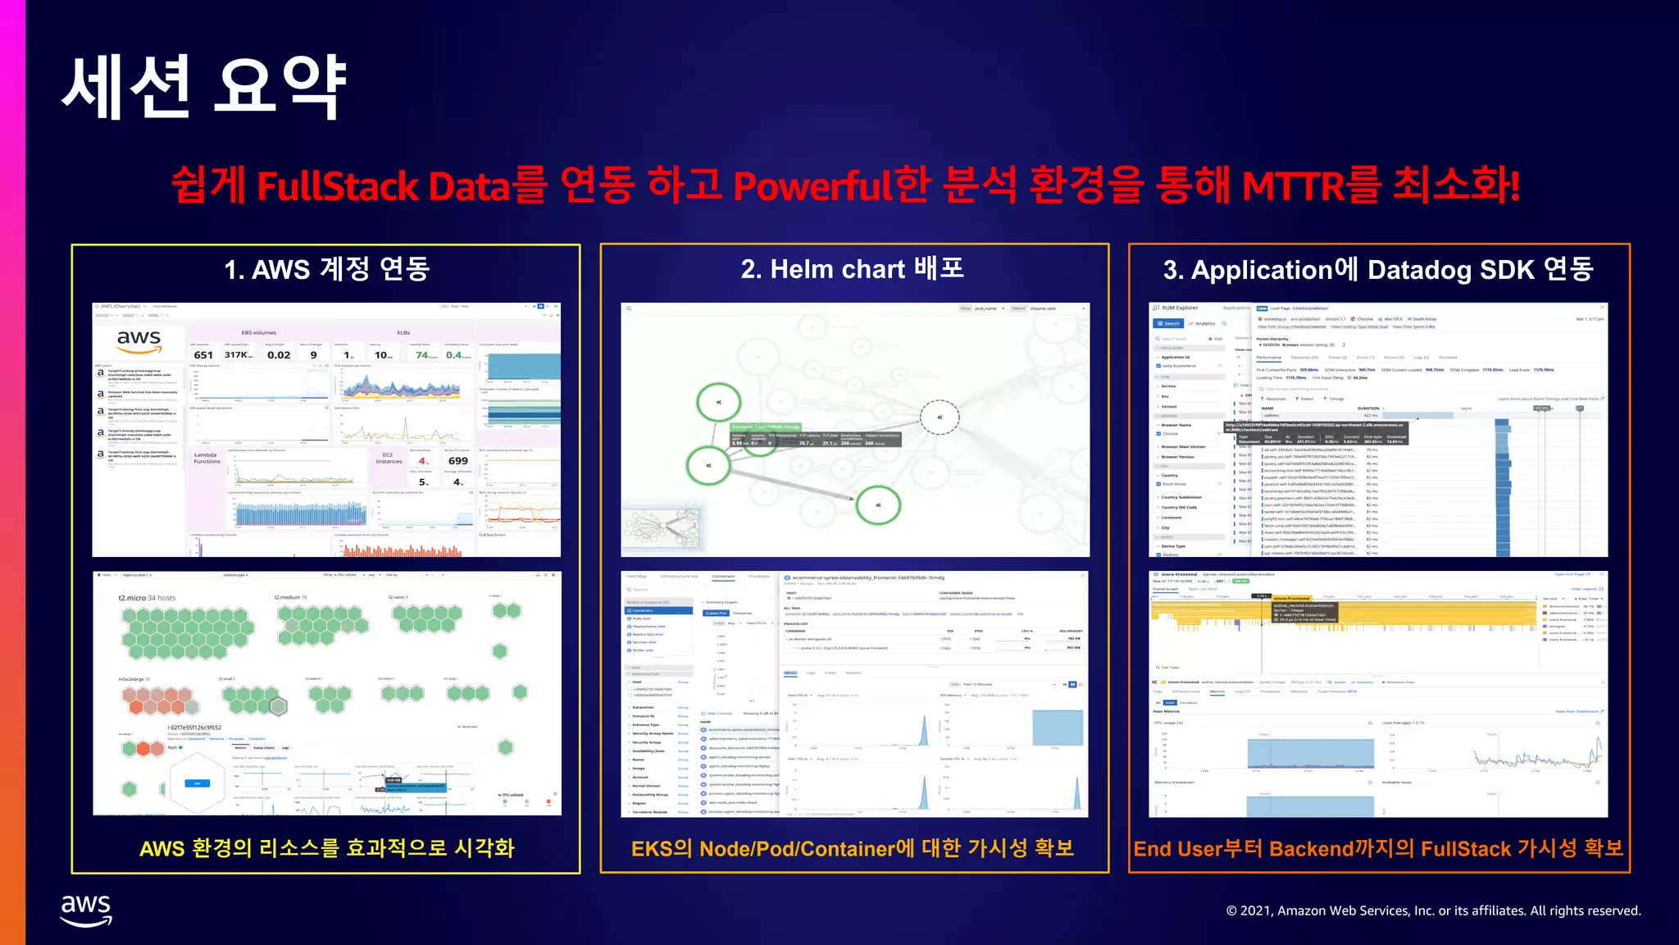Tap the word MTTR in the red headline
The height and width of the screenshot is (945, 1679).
pos(1292,186)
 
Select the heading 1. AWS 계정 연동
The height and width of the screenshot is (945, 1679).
pos(326,269)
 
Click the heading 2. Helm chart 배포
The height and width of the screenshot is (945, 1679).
pos(853,269)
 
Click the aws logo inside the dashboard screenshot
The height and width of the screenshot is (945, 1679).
pos(139,340)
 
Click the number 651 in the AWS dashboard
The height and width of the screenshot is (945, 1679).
pos(203,355)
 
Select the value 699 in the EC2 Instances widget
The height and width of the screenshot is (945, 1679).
pos(457,461)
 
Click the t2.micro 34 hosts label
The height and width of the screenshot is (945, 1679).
pos(147,598)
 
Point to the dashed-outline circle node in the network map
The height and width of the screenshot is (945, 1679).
pos(939,417)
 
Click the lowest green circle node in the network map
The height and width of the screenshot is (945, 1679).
pos(877,505)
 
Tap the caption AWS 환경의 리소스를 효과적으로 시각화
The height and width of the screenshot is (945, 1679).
pos(326,848)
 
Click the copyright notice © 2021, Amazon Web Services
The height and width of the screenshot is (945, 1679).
pos(1433,911)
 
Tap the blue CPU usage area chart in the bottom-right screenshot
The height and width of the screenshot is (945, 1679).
pos(1310,753)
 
